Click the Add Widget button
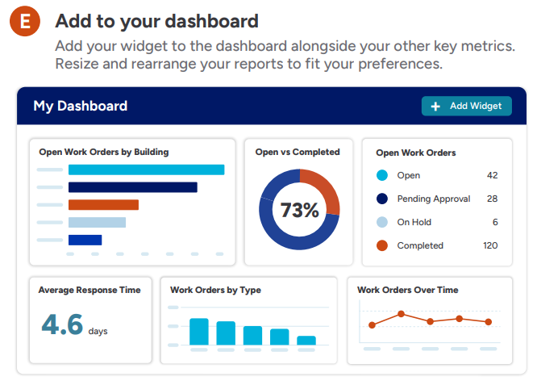(x=467, y=106)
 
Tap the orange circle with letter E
(x=25, y=21)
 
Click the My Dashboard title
(x=80, y=106)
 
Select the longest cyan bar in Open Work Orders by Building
(x=146, y=169)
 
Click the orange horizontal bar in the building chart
(x=103, y=205)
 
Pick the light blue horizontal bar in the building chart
(x=97, y=222)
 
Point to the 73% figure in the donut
(x=299, y=210)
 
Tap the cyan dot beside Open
(x=382, y=175)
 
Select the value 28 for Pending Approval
(x=492, y=199)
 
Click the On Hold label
(x=414, y=222)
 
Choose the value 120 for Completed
(x=490, y=245)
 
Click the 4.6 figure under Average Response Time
(x=62, y=324)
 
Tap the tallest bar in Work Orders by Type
(x=199, y=332)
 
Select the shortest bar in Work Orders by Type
(x=306, y=341)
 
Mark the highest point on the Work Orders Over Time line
(x=401, y=314)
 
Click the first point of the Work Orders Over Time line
(x=372, y=325)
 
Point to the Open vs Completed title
(x=298, y=152)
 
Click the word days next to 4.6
(x=98, y=331)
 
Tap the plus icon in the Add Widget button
(x=435, y=107)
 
